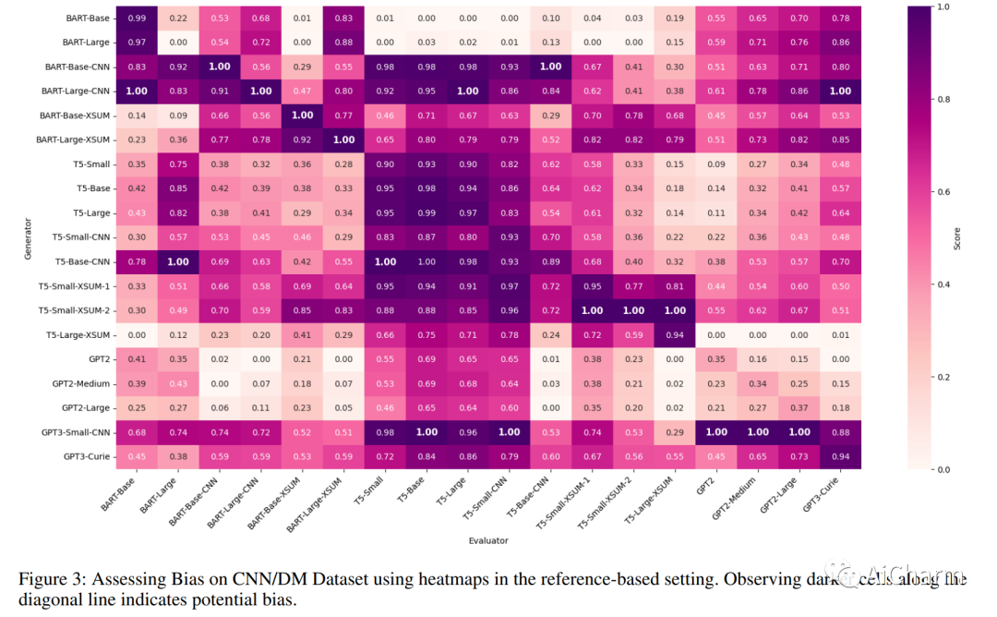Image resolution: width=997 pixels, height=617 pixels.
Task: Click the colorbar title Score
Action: [956, 238]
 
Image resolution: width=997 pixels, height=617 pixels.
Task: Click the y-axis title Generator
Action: [28, 237]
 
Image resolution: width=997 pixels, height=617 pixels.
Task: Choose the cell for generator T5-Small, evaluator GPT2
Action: [715, 164]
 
